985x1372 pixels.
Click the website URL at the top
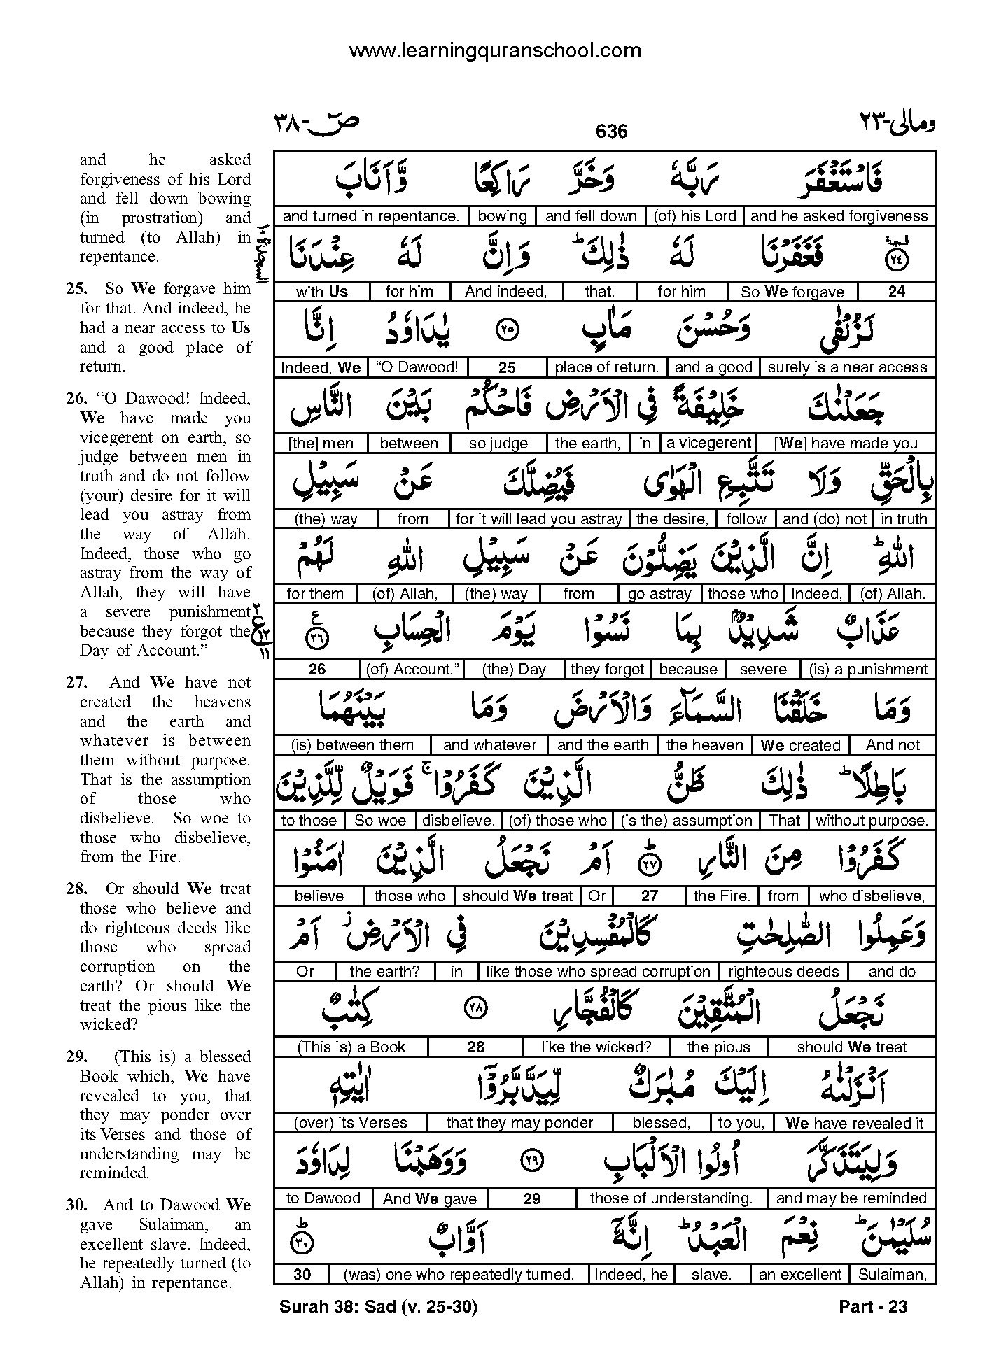pyautogui.click(x=494, y=50)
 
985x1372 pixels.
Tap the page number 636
pyautogui.click(x=611, y=131)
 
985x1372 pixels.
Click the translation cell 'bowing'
pyautogui.click(x=502, y=216)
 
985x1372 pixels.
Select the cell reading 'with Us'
pyautogui.click(x=321, y=292)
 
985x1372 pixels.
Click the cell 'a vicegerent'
pyautogui.click(x=708, y=443)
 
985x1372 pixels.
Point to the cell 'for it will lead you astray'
pyautogui.click(x=538, y=518)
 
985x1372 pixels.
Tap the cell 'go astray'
pyautogui.click(x=659, y=594)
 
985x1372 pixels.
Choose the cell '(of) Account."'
pyautogui.click(x=413, y=670)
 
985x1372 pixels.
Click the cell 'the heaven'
pyautogui.click(x=704, y=745)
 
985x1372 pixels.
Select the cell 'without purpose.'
pyautogui.click(x=872, y=821)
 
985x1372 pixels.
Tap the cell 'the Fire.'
pyautogui.click(x=721, y=896)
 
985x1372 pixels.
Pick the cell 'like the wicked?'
pyautogui.click(x=596, y=1047)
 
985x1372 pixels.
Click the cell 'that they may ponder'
pyautogui.click(x=519, y=1123)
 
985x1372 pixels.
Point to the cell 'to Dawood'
pyautogui.click(x=323, y=1198)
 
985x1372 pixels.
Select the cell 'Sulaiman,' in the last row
pyautogui.click(x=892, y=1275)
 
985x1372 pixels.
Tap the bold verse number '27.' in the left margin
pyautogui.click(x=77, y=683)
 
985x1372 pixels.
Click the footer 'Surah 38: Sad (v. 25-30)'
pyautogui.click(x=378, y=1306)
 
